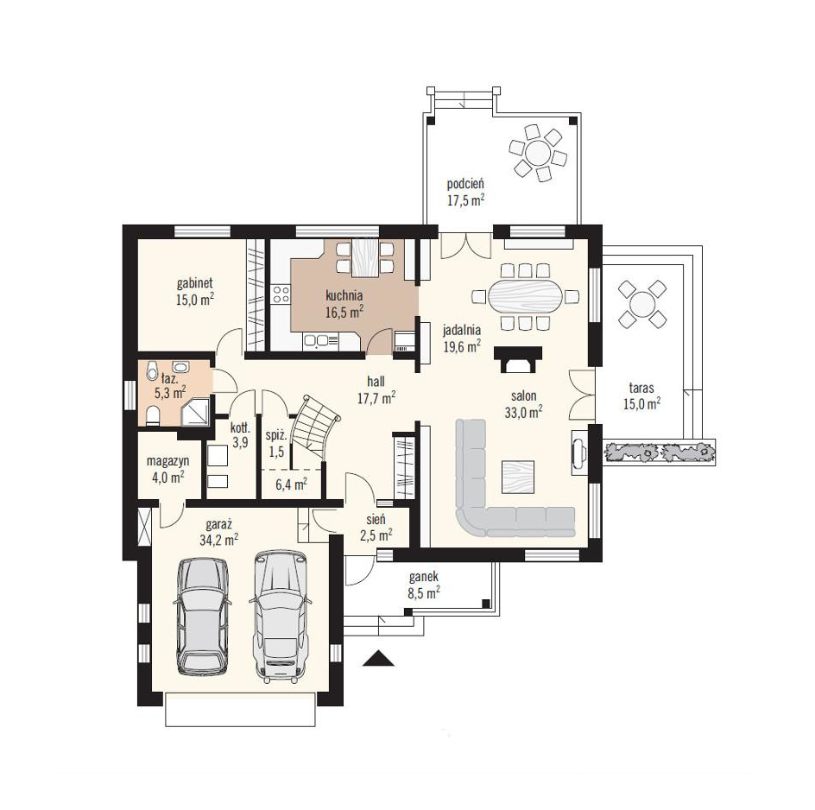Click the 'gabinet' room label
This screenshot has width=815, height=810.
tap(195, 284)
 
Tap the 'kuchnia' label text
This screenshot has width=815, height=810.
tap(344, 296)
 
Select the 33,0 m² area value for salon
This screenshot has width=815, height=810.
tap(523, 412)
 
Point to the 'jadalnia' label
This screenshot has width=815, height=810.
tap(462, 330)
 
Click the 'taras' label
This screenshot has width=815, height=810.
tap(641, 388)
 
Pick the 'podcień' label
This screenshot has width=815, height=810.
tap(465, 184)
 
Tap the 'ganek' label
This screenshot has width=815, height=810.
tap(424, 577)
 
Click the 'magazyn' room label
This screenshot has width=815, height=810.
tap(167, 461)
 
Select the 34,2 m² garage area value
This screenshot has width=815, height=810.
tap(218, 540)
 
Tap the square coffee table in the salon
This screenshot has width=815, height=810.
tap(517, 477)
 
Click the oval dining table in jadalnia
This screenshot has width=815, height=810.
tap(526, 297)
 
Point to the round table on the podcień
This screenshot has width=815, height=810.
tap(538, 154)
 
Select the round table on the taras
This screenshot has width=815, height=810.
tap(642, 303)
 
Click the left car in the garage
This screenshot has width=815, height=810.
tap(202, 617)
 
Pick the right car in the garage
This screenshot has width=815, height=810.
tap(281, 616)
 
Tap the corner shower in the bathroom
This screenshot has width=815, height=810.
tap(196, 411)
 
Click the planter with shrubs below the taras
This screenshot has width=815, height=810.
tap(659, 452)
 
